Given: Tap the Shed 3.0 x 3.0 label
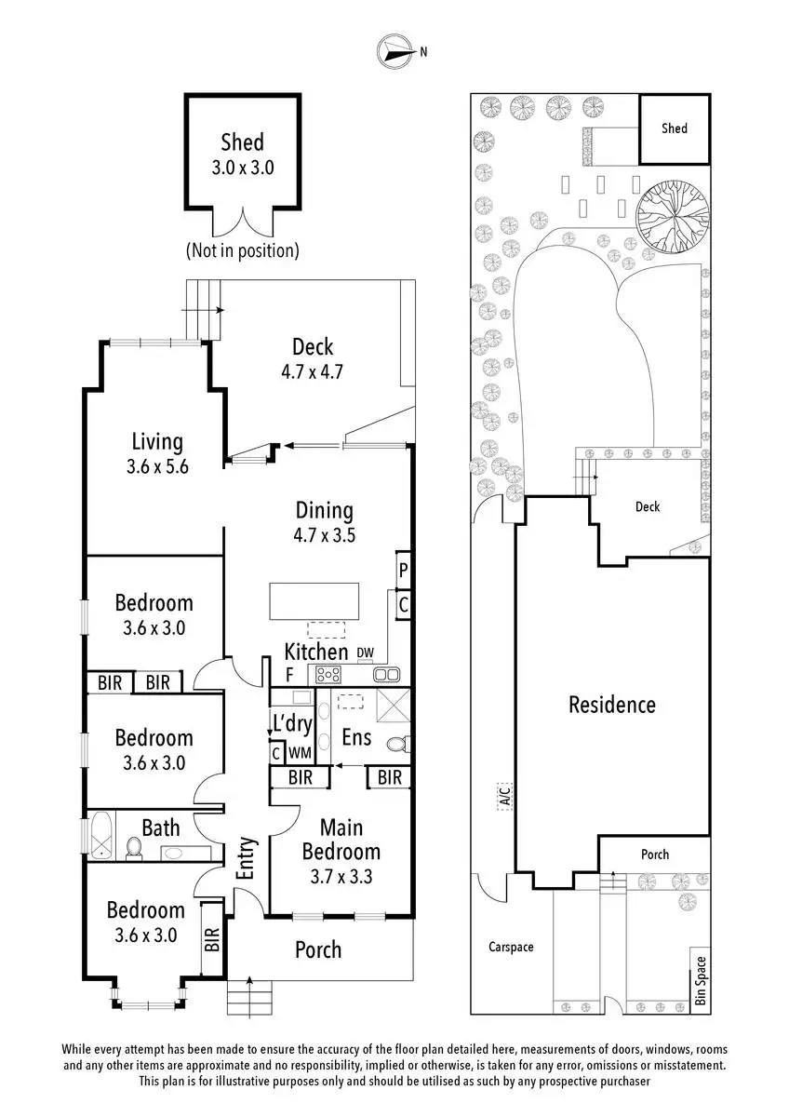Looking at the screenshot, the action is click(x=242, y=155).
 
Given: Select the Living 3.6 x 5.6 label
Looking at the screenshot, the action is click(x=156, y=453).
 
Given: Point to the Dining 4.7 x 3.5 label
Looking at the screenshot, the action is click(x=325, y=521).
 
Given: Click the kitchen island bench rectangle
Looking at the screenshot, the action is click(x=314, y=600).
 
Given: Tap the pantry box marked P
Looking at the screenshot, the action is click(x=404, y=570).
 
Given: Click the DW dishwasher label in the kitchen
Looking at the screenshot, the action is click(x=364, y=653).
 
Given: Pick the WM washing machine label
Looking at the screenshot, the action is click(x=300, y=752).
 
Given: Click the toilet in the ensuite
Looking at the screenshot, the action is click(x=397, y=745).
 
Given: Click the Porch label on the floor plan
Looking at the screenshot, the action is click(x=318, y=949).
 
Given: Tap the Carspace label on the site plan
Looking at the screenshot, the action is click(x=512, y=947).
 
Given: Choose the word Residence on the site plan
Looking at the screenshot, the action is click(x=612, y=705).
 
